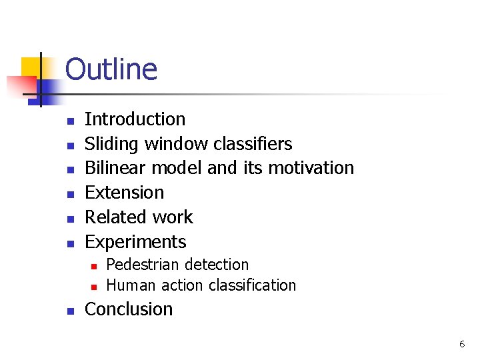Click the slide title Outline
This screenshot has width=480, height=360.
[111, 69]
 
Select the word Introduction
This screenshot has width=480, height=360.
[135, 119]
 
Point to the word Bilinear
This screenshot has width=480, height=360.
[111, 168]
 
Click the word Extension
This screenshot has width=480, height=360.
[124, 193]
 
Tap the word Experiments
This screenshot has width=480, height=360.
[135, 242]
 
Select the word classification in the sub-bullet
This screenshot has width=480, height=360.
[252, 285]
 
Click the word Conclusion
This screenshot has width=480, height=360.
[129, 309]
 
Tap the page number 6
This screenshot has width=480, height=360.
[461, 344]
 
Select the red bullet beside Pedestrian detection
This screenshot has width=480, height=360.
[94, 266]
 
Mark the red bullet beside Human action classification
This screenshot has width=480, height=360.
[94, 287]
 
